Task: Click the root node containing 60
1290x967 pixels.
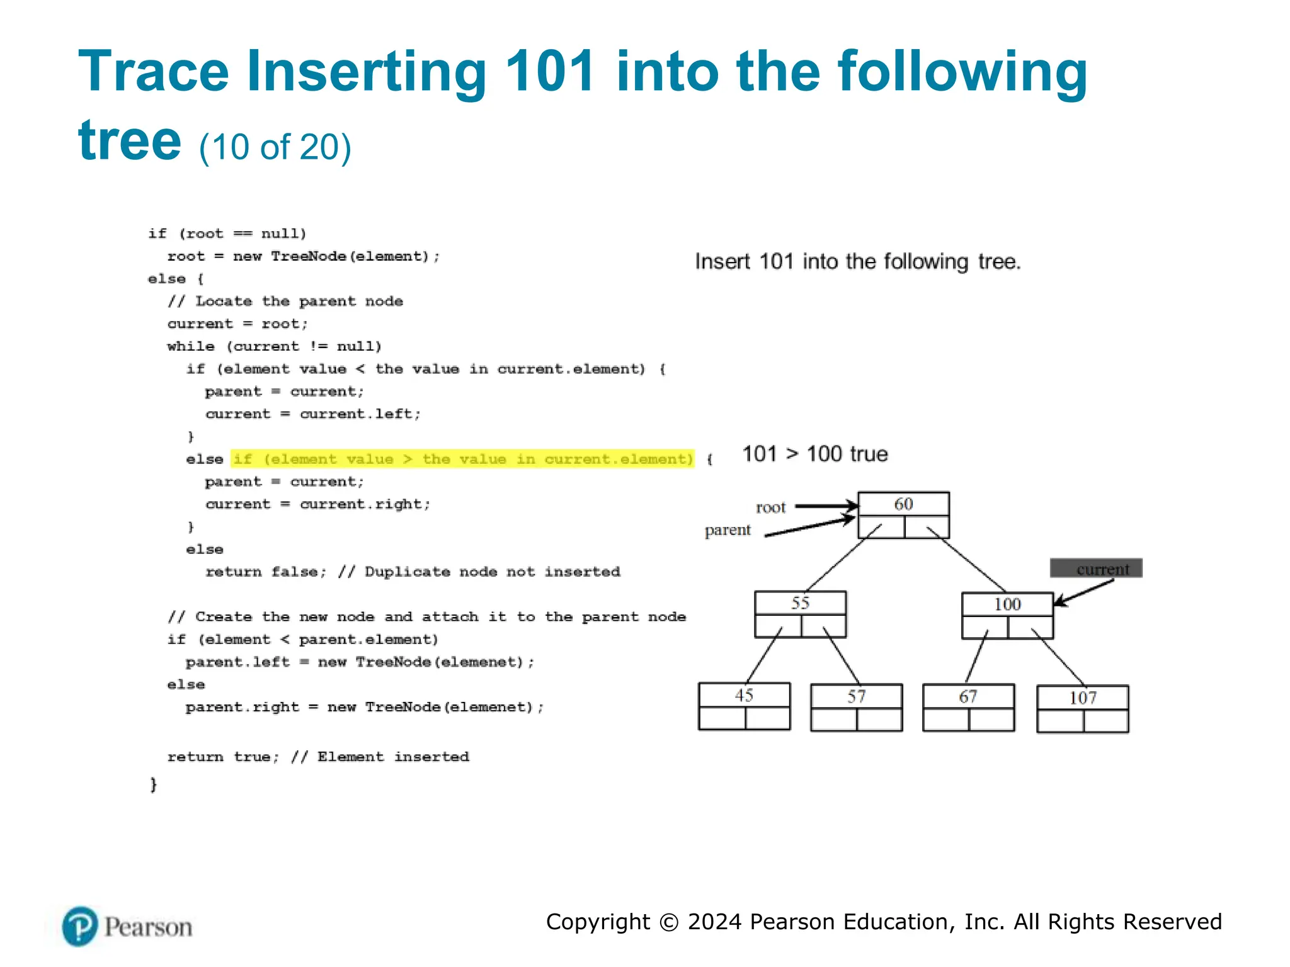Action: point(903,514)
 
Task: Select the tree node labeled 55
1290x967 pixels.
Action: point(800,614)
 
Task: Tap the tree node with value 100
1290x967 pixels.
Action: point(1007,615)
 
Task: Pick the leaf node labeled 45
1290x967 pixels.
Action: point(744,706)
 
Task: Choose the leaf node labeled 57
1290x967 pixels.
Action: point(856,707)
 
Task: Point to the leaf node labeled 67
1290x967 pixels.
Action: point(968,707)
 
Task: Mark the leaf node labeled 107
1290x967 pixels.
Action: point(1082,708)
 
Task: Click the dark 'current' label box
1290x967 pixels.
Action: point(1096,568)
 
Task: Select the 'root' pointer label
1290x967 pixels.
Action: point(770,507)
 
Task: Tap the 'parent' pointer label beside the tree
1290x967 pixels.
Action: point(728,530)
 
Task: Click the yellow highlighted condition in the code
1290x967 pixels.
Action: point(462,459)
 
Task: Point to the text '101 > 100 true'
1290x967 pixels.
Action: point(815,454)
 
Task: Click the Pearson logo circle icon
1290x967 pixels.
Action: point(80,926)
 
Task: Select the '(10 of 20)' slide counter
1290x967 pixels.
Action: point(275,147)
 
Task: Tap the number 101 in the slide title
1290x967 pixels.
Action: point(551,71)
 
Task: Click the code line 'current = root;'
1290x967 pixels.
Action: point(237,324)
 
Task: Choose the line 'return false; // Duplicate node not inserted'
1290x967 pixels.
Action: point(413,572)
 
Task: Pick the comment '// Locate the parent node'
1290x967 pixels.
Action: point(285,301)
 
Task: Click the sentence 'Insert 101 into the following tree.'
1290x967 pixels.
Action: point(857,261)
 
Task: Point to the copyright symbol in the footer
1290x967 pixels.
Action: point(668,922)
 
